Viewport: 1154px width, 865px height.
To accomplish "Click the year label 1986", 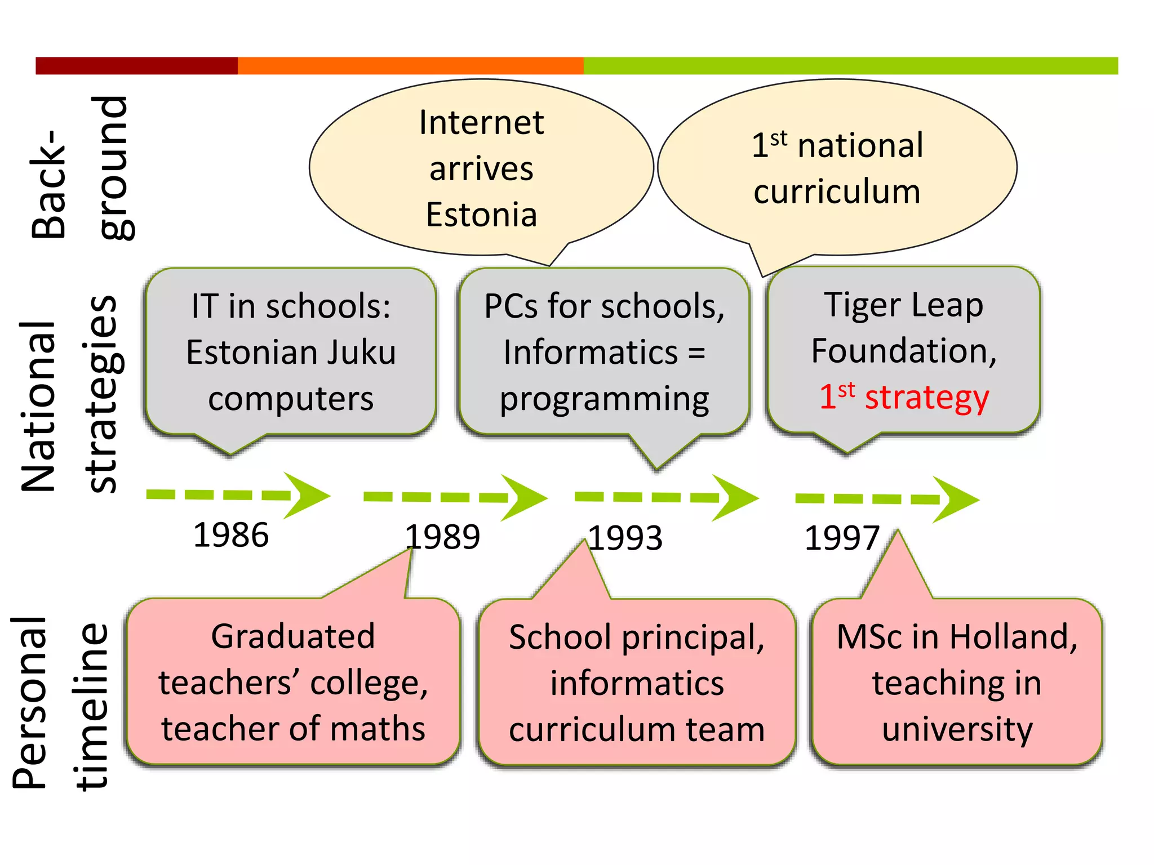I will pos(231,535).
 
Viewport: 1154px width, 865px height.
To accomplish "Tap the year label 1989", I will pos(443,537).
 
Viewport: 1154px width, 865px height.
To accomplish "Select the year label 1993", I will pos(625,538).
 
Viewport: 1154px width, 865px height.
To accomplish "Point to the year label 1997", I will pos(842,538).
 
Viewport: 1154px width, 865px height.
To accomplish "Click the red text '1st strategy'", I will pos(904,397).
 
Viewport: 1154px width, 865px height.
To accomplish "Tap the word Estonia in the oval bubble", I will pos(482,215).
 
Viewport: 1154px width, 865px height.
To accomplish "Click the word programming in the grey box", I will pos(604,399).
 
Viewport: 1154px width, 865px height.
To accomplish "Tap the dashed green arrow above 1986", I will pos(237,495).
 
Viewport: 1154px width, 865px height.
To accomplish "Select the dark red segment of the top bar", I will pos(136,65).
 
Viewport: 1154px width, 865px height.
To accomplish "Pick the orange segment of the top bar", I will pos(410,65).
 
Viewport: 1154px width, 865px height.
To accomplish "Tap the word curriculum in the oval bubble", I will pos(837,192).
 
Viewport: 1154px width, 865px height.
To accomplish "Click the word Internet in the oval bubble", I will pos(482,123).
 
